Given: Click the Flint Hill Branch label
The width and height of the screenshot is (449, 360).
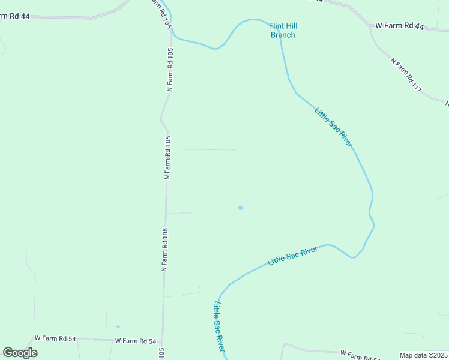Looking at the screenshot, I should [283, 31].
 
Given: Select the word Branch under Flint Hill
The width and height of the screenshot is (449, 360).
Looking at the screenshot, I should [283, 35].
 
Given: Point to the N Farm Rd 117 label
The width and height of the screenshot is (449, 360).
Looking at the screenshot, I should [406, 75].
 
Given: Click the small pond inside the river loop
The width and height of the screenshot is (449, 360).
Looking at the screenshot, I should [240, 208].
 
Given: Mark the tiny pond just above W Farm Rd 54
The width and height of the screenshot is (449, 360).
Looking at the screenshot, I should [118, 327].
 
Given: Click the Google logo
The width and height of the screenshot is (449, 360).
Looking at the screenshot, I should [20, 353].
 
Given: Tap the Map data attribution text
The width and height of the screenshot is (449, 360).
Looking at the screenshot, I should [414, 355].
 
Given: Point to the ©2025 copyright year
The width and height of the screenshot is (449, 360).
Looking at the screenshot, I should [438, 355].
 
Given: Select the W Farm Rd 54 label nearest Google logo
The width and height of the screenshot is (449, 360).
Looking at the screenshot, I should [55, 339].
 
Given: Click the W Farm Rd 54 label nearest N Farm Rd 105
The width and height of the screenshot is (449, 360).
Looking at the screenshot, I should [136, 340].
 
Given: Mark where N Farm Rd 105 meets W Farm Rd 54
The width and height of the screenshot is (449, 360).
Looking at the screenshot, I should [163, 340].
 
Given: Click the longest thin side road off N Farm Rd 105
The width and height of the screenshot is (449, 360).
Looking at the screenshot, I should [204, 149].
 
